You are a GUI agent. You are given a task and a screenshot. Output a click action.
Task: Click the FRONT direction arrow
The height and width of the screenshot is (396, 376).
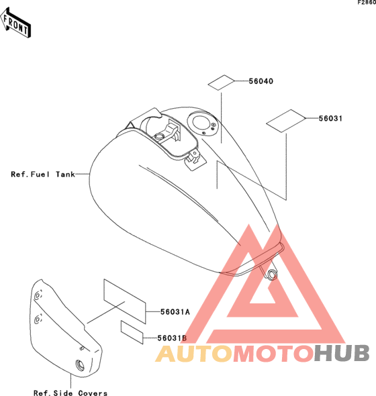[x=15, y=23]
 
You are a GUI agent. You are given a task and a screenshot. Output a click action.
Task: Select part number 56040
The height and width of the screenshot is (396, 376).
[x=261, y=81]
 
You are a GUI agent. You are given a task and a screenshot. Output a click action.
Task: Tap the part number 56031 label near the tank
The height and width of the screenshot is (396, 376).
[x=330, y=118]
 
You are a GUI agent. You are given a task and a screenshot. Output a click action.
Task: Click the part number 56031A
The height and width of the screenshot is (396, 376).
[x=175, y=312]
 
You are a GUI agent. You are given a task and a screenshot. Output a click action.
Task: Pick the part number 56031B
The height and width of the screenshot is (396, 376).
[x=172, y=338]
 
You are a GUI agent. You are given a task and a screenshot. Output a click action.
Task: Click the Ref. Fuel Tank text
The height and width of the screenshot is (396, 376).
[x=43, y=175]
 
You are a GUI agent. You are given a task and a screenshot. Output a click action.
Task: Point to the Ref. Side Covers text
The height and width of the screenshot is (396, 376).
[x=70, y=393]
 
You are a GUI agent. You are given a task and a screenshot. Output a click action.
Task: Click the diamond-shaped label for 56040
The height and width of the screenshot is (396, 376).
[x=222, y=83]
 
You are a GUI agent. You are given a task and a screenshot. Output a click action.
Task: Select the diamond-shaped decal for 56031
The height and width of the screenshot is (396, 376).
[x=286, y=121]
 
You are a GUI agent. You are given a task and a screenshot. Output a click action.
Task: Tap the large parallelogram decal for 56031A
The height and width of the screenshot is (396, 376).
[x=125, y=301]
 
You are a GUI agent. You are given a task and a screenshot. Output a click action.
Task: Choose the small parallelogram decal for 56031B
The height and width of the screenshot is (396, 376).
[x=132, y=332]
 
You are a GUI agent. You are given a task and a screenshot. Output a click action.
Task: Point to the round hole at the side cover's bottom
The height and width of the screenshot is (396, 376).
[x=80, y=365]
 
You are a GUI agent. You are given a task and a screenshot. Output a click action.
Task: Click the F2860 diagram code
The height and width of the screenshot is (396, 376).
[x=367, y=3]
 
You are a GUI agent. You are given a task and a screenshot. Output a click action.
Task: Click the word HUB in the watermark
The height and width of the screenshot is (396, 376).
[x=342, y=353]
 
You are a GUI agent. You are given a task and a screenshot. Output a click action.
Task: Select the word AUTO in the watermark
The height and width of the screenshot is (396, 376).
[x=194, y=354]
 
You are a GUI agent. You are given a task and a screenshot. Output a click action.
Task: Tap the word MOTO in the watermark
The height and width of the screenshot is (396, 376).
[x=273, y=354]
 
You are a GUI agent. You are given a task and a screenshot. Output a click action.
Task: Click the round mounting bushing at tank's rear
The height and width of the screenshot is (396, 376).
[x=272, y=275]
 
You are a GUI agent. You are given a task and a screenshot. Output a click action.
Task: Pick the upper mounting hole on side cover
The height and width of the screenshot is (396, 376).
[x=38, y=295]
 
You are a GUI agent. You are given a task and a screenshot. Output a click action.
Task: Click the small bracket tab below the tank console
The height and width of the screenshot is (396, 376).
[x=195, y=159]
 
